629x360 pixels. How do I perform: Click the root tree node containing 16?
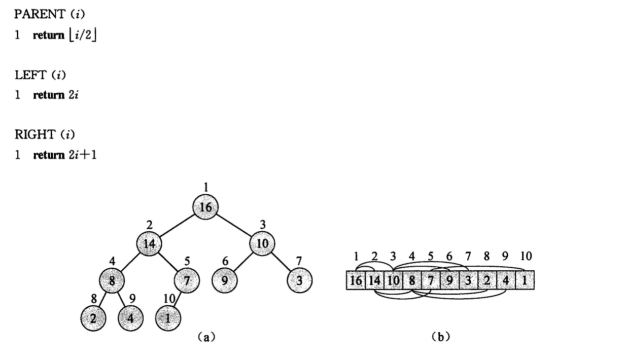click(x=205, y=207)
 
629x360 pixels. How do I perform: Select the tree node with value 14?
click(x=149, y=244)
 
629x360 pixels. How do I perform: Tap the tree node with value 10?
click(x=262, y=244)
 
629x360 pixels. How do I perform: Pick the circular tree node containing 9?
click(x=224, y=280)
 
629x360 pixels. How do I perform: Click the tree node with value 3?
click(x=299, y=280)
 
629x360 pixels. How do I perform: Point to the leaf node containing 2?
click(x=93, y=318)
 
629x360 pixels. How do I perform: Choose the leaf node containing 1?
click(x=168, y=318)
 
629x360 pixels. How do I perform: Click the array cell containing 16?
click(x=356, y=280)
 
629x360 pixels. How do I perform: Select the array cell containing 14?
click(x=374, y=280)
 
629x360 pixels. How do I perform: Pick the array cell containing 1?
click(x=525, y=280)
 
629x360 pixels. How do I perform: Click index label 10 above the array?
click(x=526, y=256)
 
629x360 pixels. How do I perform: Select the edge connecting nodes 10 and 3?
click(x=281, y=262)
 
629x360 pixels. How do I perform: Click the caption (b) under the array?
click(x=440, y=336)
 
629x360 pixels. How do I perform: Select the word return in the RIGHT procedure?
click(x=49, y=155)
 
